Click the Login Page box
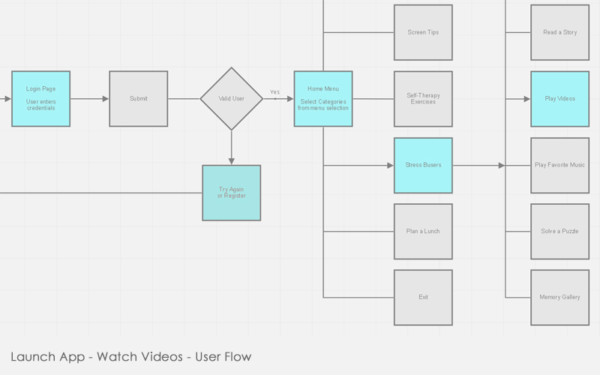40,99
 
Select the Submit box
138,99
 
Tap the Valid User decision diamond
231,99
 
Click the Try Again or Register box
231,193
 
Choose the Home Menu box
322,99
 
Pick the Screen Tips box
423,33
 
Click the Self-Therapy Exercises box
423,99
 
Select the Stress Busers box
423,165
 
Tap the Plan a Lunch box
423,231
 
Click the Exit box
423,297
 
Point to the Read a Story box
559,33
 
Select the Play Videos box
559,99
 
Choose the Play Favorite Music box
559,165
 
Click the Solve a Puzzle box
559,231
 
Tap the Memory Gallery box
559,297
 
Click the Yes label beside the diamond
274,92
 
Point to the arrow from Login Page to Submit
90,99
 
